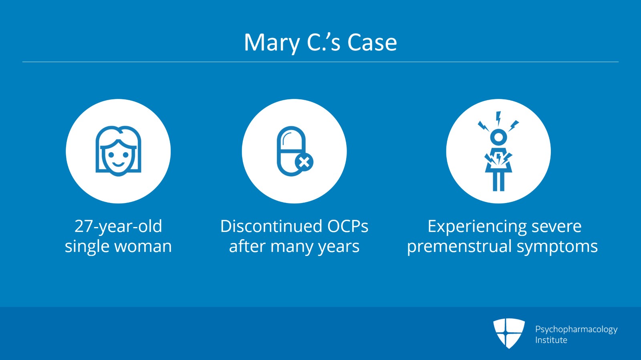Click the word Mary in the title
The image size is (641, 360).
[272, 42]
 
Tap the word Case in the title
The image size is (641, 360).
[372, 42]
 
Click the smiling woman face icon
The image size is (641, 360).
[118, 151]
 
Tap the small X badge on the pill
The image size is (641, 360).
[304, 162]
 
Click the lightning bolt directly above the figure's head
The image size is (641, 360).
[498, 119]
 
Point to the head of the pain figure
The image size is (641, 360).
[498, 137]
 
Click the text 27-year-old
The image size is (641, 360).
[118, 226]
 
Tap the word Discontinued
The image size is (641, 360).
[271, 226]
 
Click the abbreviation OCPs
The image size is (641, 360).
[347, 226]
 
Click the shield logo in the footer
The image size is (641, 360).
[509, 333]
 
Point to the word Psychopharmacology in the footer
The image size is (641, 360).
[576, 330]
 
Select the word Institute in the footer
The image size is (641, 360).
[551, 340]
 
